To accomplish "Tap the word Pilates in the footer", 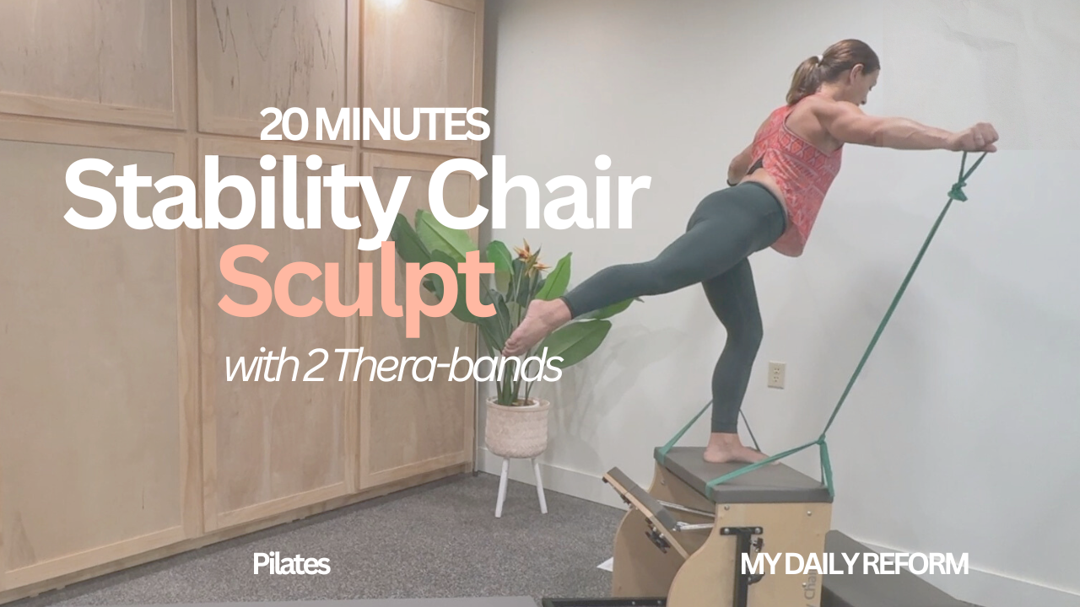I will (x=291, y=564).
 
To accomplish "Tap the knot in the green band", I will (x=958, y=191).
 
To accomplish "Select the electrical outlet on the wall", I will (x=776, y=375).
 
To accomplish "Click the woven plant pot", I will (x=516, y=427).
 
